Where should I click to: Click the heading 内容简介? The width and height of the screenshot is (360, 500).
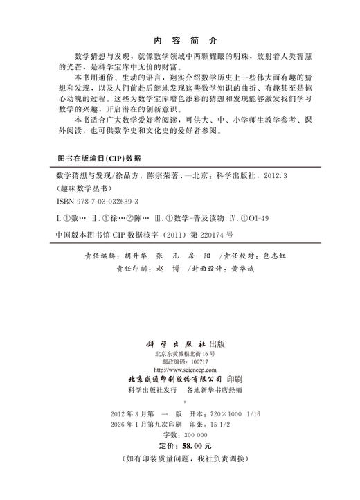[179, 41]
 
